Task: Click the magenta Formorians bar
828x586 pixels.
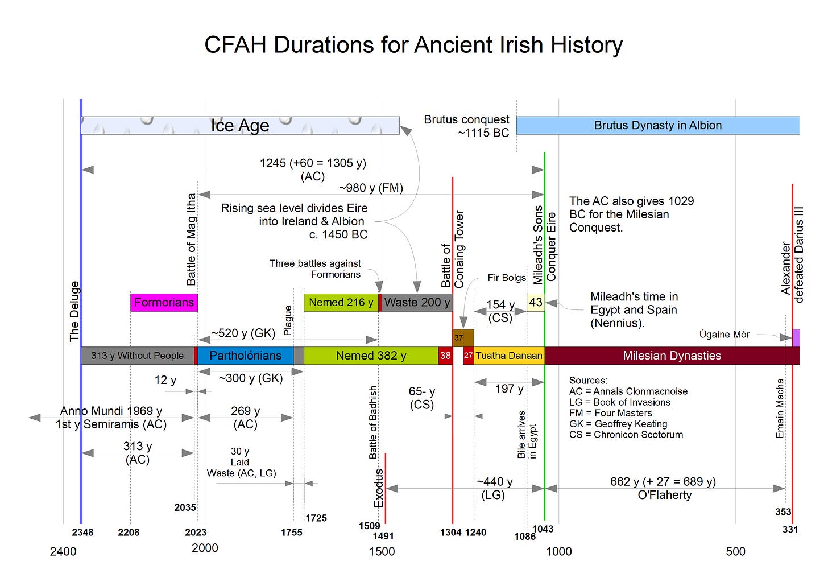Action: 164,303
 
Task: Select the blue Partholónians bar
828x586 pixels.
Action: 246,356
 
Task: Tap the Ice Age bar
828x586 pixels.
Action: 240,125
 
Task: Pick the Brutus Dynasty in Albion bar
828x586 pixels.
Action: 658,125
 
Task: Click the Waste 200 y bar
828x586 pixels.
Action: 417,303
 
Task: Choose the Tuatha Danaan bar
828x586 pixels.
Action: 509,356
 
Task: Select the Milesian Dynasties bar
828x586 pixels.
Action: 672,356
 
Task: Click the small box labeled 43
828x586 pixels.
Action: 536,303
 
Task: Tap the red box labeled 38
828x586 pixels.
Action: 445,356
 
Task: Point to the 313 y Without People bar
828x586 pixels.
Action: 138,356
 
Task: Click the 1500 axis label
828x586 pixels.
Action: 382,552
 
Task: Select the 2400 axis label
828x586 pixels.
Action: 63,552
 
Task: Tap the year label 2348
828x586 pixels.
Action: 83,533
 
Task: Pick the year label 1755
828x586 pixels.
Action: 292,533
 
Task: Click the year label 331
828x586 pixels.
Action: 790,530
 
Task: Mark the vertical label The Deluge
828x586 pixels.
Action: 74,311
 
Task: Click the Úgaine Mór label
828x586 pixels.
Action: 724,334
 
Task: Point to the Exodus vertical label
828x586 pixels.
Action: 379,488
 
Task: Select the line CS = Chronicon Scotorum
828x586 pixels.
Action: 626,435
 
